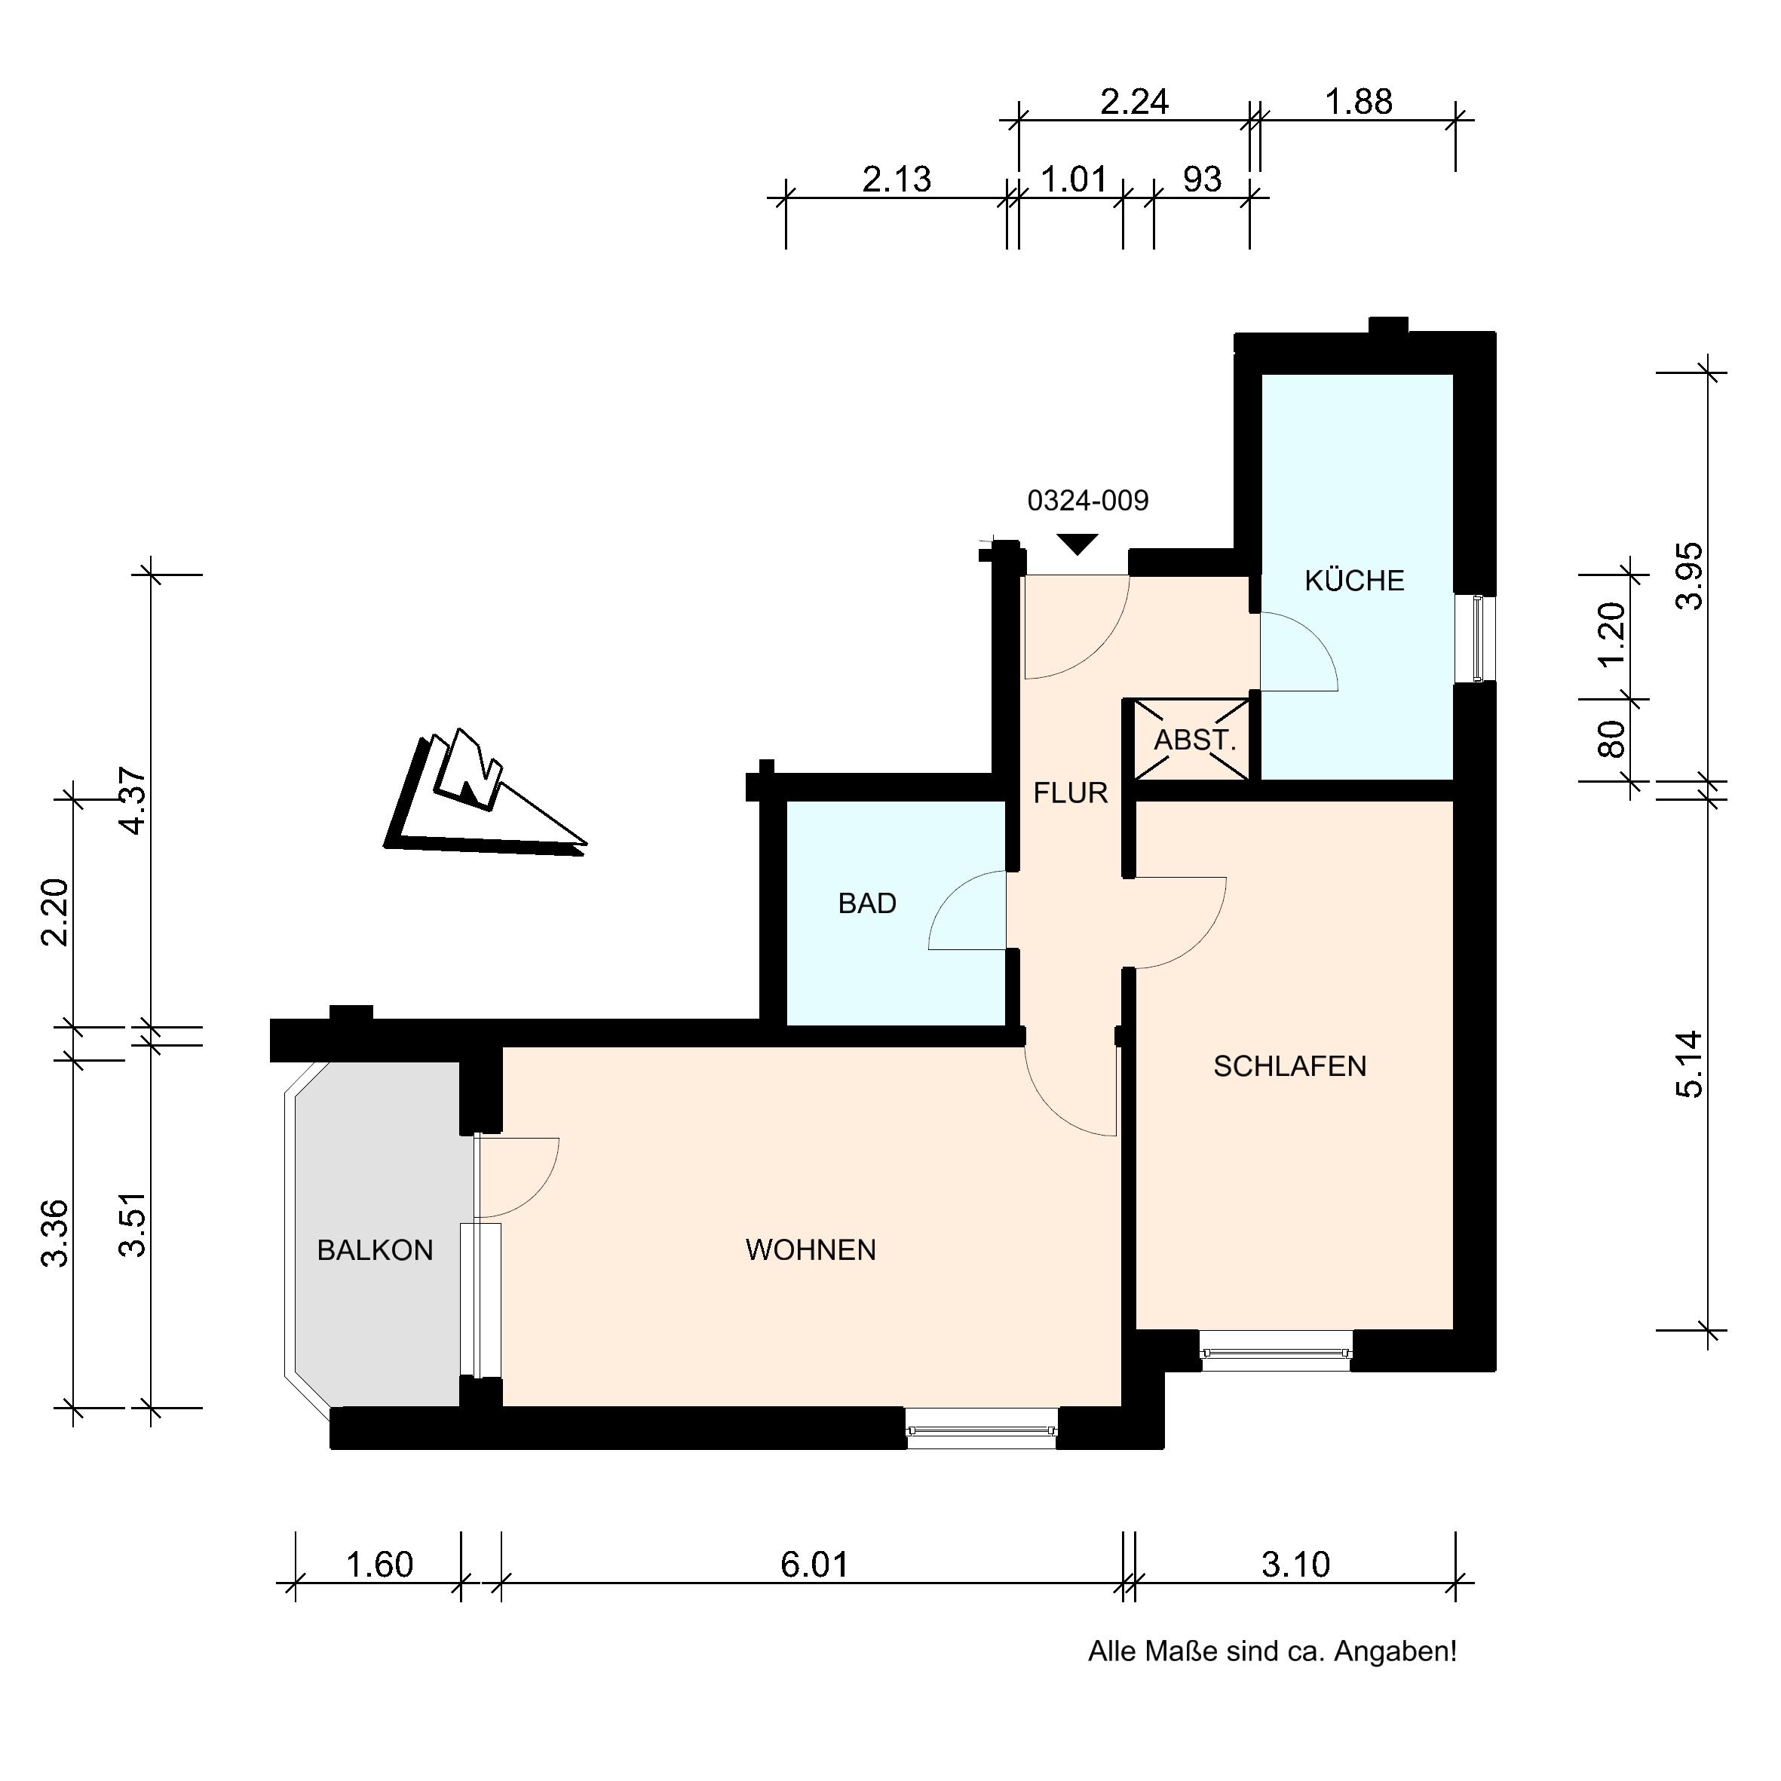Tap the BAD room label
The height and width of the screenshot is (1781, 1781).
point(867,903)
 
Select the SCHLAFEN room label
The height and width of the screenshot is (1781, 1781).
point(1289,1067)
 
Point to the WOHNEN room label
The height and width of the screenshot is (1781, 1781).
point(811,1250)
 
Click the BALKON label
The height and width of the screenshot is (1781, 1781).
point(376,1250)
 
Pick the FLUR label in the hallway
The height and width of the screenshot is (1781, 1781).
point(1070,792)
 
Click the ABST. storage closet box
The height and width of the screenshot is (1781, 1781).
point(1191,739)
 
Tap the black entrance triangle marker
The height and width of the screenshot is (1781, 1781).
point(1077,544)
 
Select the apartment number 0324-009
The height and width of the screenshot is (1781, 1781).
point(1088,501)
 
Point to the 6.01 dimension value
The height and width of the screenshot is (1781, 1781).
point(814,1565)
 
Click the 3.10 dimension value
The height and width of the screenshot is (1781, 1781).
point(1295,1565)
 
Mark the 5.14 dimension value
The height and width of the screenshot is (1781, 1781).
point(1691,1064)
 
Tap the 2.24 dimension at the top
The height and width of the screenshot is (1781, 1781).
point(1135,101)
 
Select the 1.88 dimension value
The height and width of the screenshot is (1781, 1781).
point(1359,101)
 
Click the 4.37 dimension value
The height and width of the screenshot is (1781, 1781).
point(133,801)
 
